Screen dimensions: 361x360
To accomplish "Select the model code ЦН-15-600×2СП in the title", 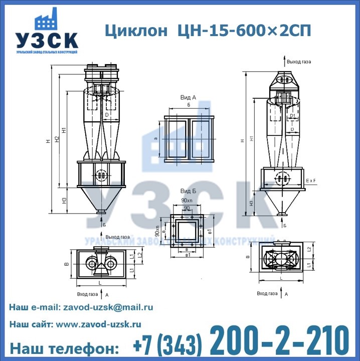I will (x=245, y=31).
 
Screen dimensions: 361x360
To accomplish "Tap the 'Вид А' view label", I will (x=188, y=97).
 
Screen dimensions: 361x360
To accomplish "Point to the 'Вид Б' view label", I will (x=188, y=192).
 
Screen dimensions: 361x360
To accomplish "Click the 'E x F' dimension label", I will (x=311, y=179).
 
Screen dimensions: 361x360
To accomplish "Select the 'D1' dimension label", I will (x=292, y=115).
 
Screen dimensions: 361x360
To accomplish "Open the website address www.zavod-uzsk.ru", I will (x=98, y=324).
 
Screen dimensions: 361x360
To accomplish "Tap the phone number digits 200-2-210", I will (x=279, y=341).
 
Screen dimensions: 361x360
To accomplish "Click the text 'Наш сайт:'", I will (x=31, y=324).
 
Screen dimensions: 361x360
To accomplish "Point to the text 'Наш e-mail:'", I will (x=34, y=307).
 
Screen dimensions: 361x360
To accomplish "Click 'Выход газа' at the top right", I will (x=299, y=62).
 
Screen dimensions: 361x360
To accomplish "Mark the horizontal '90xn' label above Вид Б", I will (x=186, y=201).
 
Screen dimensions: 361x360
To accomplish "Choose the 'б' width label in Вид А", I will (x=188, y=106).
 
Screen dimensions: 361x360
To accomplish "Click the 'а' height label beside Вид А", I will (x=155, y=138).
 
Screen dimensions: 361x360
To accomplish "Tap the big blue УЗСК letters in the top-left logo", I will (x=46, y=41).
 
